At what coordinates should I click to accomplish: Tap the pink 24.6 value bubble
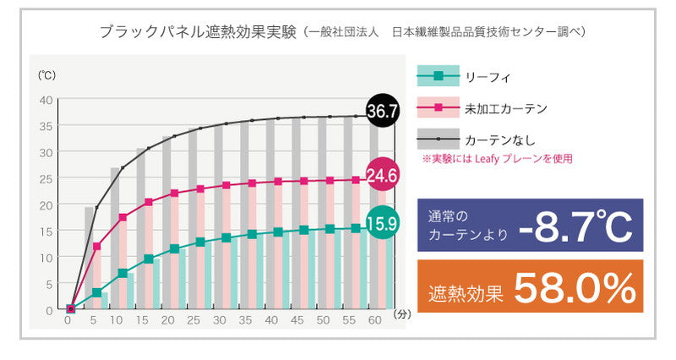point(382,176)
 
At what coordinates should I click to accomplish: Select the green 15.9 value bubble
point(382,224)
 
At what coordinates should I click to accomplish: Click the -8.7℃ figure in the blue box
point(575,226)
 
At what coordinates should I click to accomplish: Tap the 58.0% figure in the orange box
point(575,289)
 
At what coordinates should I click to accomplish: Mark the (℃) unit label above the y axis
point(46,74)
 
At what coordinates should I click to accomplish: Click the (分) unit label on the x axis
point(402,314)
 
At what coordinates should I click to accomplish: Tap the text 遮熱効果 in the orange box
point(466,292)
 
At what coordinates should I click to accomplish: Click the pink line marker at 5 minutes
point(97,247)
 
